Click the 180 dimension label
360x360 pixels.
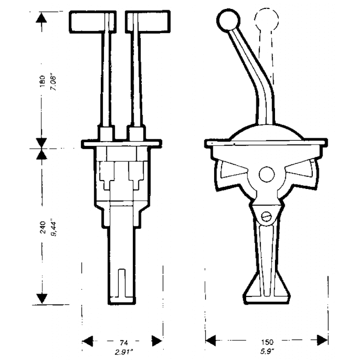(x=42, y=81)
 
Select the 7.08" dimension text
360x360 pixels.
(x=53, y=82)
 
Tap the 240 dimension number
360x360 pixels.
(x=43, y=227)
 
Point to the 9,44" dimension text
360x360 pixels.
(x=54, y=228)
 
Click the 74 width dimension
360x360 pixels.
(x=124, y=343)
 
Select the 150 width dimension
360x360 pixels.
(x=267, y=342)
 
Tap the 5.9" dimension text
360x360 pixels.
(x=267, y=351)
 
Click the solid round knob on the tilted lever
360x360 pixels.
(x=229, y=20)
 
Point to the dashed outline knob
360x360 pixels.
(x=266, y=19)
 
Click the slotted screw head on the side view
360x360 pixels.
(x=266, y=216)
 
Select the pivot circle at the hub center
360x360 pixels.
(x=266, y=175)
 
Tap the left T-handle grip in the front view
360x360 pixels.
(x=93, y=22)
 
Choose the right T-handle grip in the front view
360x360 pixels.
(x=148, y=22)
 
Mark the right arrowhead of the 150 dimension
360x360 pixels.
(x=322, y=340)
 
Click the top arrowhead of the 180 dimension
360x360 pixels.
(x=41, y=18)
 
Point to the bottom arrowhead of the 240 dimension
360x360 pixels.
(x=42, y=298)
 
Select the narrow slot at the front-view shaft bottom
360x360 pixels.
(x=121, y=283)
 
